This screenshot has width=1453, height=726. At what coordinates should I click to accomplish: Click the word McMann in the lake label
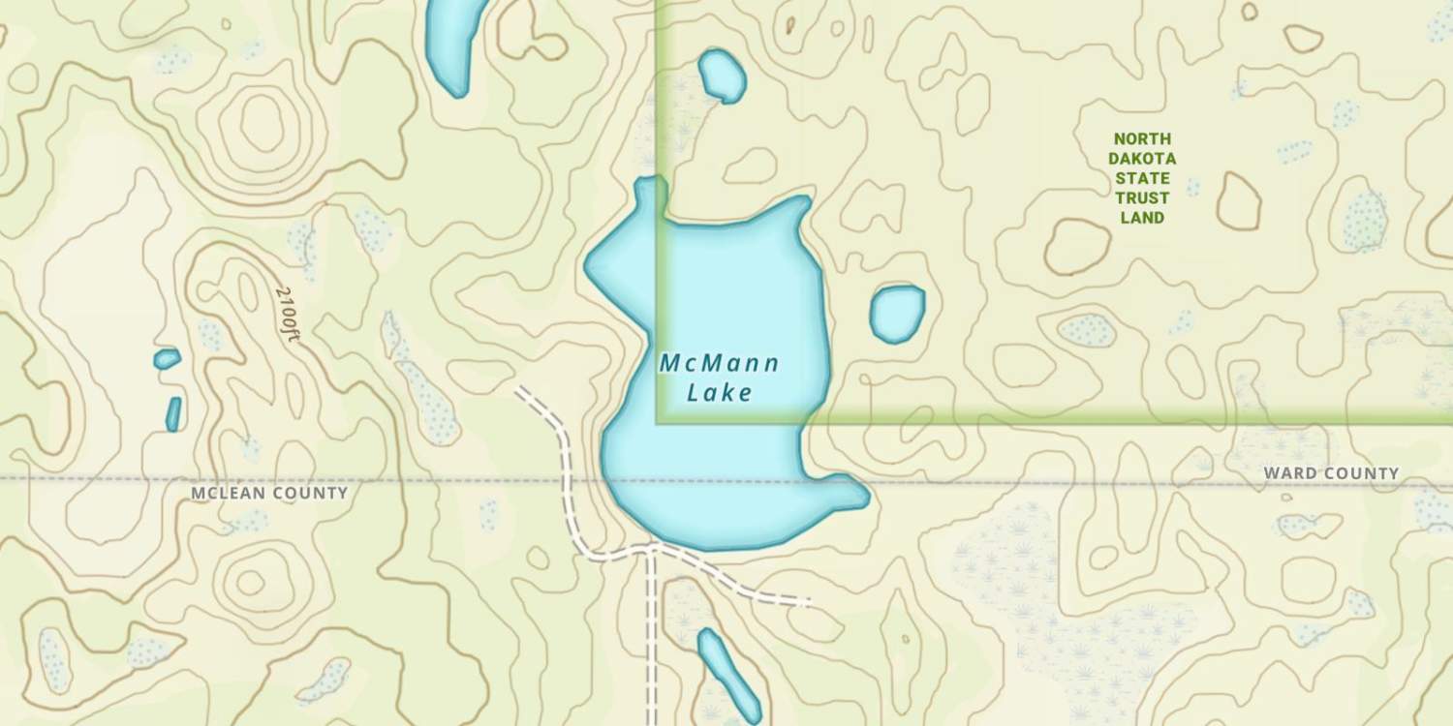pyautogui.click(x=719, y=364)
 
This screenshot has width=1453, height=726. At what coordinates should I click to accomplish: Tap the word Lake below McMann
pyautogui.click(x=719, y=393)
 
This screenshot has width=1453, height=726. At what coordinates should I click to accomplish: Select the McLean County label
pyautogui.click(x=268, y=493)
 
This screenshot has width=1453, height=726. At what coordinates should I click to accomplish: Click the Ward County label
pyautogui.click(x=1331, y=473)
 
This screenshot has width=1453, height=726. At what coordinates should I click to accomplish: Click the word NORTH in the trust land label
pyautogui.click(x=1142, y=138)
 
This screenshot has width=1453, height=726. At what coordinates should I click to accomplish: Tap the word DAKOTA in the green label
pyautogui.click(x=1142, y=159)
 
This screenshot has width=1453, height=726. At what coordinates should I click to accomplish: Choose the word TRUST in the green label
pyautogui.click(x=1142, y=198)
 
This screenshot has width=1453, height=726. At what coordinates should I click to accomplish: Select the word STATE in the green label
pyautogui.click(x=1142, y=178)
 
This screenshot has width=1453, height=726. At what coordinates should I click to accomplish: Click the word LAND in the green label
pyautogui.click(x=1142, y=218)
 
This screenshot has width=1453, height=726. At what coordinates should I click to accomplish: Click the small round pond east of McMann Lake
pyautogui.click(x=897, y=314)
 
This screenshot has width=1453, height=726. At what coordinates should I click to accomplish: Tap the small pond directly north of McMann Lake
pyautogui.click(x=722, y=76)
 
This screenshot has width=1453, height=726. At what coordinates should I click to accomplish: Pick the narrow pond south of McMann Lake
pyautogui.click(x=728, y=674)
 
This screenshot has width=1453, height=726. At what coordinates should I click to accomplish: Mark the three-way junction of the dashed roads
pyautogui.click(x=651, y=548)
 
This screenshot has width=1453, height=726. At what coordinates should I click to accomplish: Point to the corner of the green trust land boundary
pyautogui.click(x=660, y=421)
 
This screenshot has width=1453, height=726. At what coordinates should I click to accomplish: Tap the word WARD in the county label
pyautogui.click(x=1286, y=473)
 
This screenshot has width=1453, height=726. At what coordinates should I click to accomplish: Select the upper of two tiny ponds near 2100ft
pyautogui.click(x=167, y=359)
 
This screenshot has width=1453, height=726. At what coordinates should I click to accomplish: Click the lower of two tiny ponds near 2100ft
pyautogui.click(x=173, y=413)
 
